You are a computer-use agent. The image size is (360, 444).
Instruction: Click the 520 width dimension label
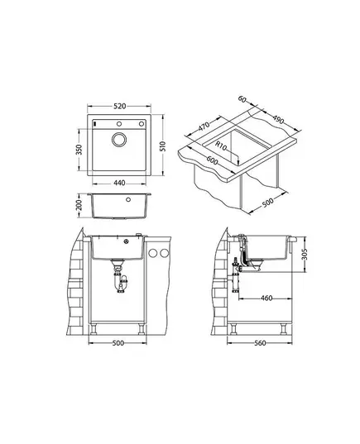point(119,107)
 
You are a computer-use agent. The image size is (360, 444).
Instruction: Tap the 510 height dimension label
point(163,146)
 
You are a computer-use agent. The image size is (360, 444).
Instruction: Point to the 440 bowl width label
point(119,184)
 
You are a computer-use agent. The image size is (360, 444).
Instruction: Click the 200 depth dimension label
point(79,205)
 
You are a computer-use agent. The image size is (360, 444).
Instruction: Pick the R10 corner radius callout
point(220,146)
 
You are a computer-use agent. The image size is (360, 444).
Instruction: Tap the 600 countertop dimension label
point(212,160)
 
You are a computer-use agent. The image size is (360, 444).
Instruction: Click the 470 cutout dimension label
point(204,126)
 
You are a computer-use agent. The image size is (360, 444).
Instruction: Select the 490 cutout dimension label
point(278,120)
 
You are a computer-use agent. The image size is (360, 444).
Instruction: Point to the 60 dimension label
point(242,99)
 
